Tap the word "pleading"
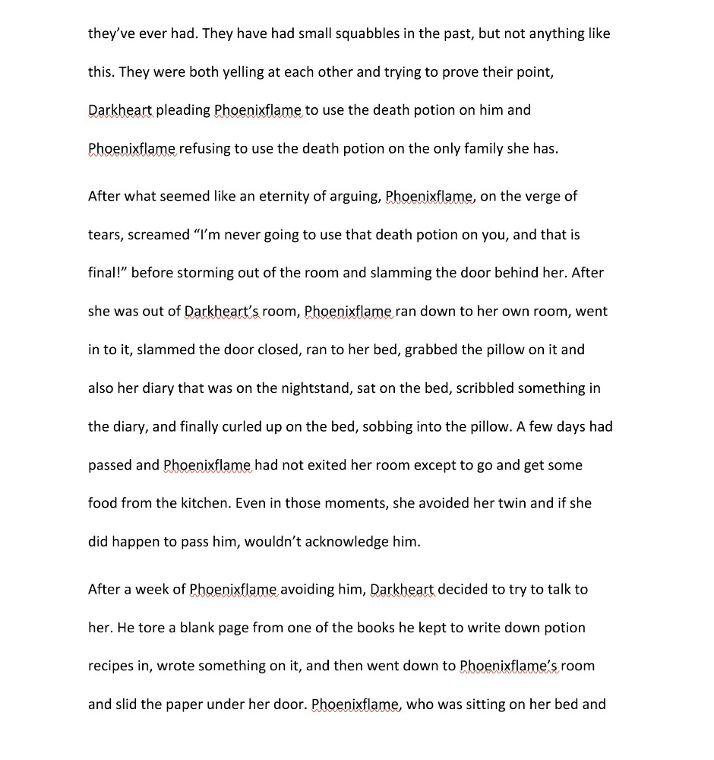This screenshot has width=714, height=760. [183, 110]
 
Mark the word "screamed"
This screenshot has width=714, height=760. [160, 235]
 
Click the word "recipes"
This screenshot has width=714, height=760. [112, 667]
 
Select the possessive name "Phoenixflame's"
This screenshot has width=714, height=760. [509, 667]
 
